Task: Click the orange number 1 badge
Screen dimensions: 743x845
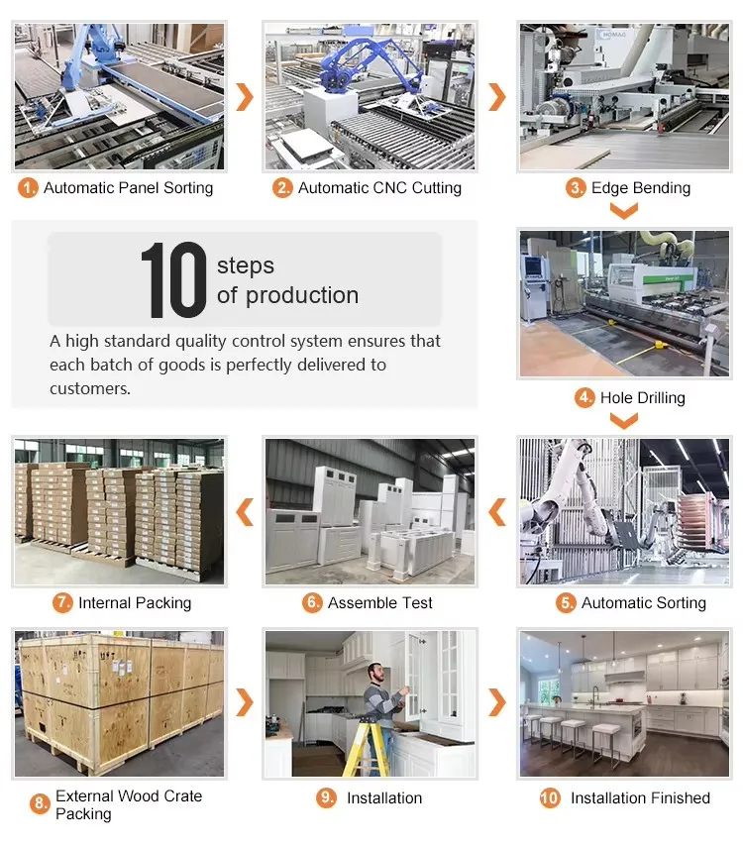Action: (28, 188)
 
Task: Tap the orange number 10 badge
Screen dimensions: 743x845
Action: (550, 797)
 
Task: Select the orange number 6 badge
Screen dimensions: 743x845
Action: (312, 602)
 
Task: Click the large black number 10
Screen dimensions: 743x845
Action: (173, 279)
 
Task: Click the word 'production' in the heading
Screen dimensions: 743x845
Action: (302, 296)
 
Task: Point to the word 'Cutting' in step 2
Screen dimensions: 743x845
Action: (437, 188)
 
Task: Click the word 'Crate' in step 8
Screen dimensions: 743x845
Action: (182, 795)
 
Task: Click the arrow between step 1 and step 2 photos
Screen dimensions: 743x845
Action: (245, 97)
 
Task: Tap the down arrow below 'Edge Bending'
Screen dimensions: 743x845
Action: (624, 210)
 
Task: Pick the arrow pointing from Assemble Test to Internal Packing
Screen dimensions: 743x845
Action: (245, 512)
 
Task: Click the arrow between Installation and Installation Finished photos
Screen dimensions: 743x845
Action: (496, 702)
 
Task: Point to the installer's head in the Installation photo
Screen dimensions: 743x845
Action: (378, 674)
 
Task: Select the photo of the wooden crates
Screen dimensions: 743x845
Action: (119, 703)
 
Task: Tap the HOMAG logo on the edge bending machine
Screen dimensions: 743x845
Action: (613, 34)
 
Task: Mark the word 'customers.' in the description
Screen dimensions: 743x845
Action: (90, 388)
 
